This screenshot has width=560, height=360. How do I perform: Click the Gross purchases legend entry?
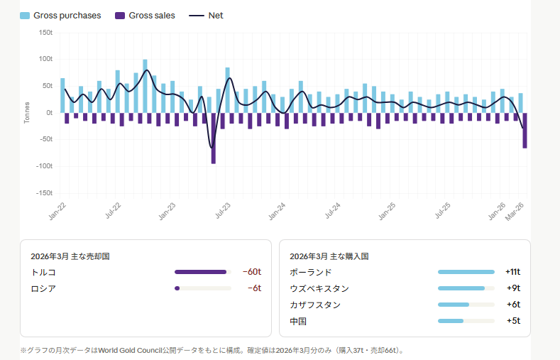(x=60, y=16)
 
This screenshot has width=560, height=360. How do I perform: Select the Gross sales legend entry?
(x=145, y=16)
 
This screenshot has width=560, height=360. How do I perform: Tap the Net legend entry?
(x=206, y=16)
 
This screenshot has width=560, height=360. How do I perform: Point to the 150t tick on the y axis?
(x=45, y=33)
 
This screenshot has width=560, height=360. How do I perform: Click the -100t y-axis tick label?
(x=44, y=166)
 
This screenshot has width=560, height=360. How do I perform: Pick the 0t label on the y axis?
(x=49, y=113)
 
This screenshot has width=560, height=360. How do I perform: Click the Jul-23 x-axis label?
(x=223, y=211)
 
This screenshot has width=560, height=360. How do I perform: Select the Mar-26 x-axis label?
(x=515, y=212)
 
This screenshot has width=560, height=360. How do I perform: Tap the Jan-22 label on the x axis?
(x=57, y=211)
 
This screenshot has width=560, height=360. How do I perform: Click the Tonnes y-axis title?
(x=27, y=113)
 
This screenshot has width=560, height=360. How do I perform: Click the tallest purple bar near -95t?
(x=214, y=138)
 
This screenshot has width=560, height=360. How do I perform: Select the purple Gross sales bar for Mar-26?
(x=525, y=131)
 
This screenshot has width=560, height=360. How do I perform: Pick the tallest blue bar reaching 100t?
(x=145, y=86)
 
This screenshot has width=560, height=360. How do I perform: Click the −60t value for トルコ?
(x=252, y=272)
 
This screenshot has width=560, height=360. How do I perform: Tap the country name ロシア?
(x=43, y=288)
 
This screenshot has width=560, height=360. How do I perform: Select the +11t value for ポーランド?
(x=513, y=272)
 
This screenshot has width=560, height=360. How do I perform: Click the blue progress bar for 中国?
(x=451, y=321)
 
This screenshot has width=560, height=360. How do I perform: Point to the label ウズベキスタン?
(x=319, y=288)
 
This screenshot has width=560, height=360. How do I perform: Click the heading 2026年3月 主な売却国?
(x=70, y=256)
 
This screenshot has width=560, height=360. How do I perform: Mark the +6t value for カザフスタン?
(x=514, y=305)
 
